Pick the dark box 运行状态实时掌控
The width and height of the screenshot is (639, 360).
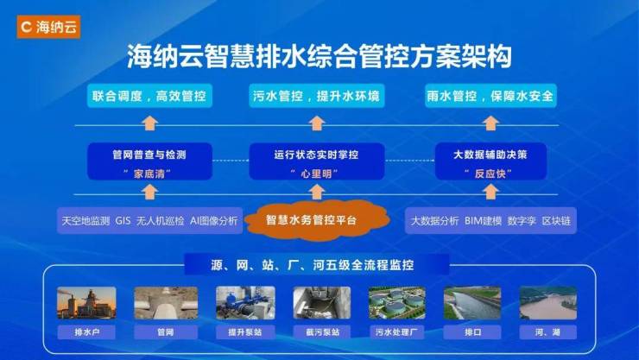pos(317,161)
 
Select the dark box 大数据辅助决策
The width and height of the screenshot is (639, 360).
pos(490,161)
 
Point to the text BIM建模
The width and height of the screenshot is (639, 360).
pos(483,220)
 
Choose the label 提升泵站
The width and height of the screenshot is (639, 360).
pos(245,331)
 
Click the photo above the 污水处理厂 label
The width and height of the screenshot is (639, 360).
pos(396,302)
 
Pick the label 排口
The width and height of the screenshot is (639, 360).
pos(473,331)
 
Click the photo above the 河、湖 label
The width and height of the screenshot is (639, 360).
pos(548,302)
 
